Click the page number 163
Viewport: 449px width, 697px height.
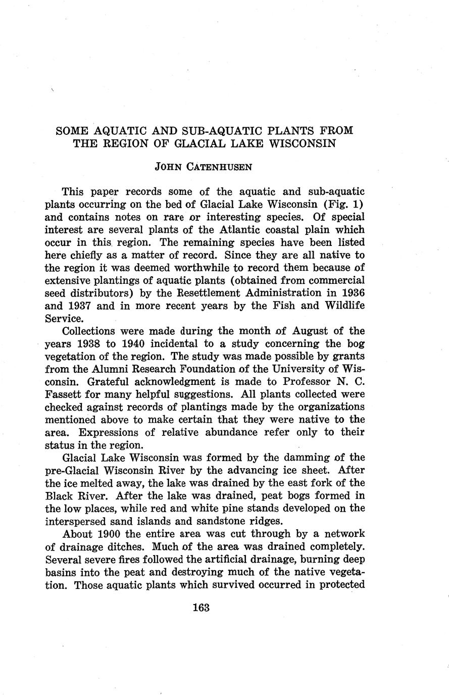201,608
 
